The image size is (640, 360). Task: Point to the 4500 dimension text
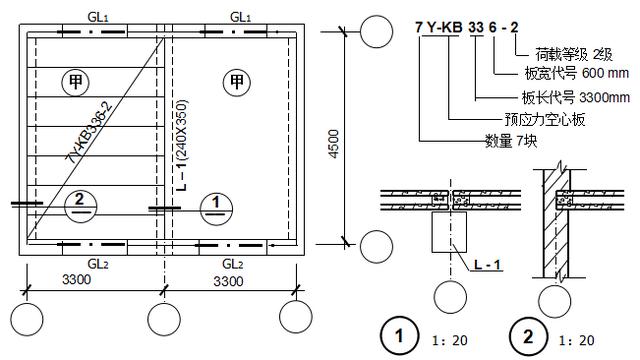(334, 144)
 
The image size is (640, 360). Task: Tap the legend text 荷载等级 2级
(573, 54)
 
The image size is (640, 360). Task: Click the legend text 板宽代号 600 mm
(576, 73)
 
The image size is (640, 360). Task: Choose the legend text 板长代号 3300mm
(576, 97)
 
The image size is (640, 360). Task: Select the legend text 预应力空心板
(545, 119)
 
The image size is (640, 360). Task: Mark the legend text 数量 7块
(511, 141)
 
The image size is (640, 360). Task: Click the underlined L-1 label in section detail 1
(487, 264)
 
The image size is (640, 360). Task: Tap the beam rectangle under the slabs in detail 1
(449, 231)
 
